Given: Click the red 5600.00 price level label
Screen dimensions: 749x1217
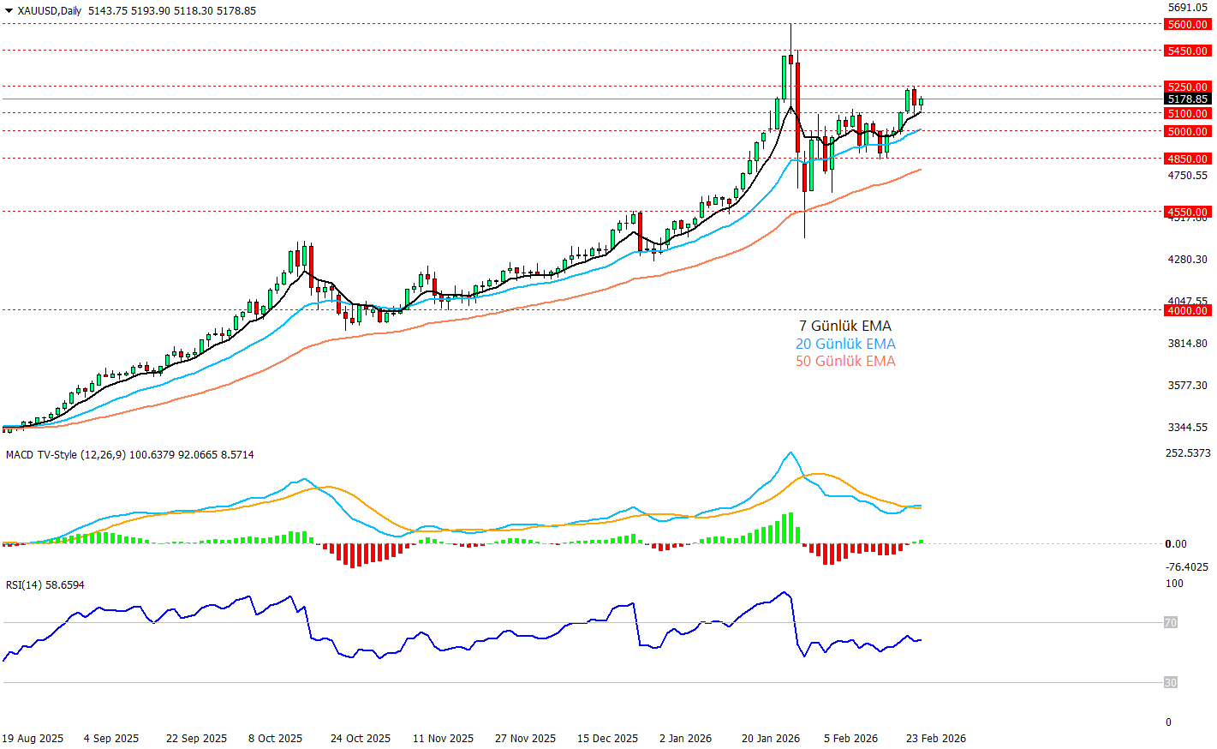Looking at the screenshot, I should coord(1187,25).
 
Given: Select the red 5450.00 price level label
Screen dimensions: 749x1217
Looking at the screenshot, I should coord(1187,51).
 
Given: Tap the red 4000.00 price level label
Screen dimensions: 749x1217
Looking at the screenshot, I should coord(1187,311).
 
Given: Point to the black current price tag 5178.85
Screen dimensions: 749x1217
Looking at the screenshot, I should coord(1187,99).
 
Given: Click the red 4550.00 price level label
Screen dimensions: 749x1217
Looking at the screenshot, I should coord(1187,213).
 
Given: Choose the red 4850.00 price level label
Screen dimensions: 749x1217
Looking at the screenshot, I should coord(1187,159).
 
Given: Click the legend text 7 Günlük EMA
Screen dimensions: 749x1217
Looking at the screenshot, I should coord(844,326).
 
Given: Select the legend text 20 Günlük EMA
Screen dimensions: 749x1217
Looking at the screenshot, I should coord(844,344).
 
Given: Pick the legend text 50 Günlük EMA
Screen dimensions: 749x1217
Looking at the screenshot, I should coord(844,361).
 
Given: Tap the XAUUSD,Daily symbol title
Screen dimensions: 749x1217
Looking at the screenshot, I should coord(49,11).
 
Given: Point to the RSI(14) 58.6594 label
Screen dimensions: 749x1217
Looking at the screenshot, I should coord(45,585).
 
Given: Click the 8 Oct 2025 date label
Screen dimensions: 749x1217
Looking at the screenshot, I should coord(275,739).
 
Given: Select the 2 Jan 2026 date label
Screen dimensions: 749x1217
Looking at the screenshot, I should coord(685,739).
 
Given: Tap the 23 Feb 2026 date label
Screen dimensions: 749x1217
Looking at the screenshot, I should coord(935,739).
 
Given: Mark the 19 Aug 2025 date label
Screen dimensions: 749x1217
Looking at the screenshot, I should coord(33,739).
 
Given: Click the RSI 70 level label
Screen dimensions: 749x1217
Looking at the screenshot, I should coord(1170,623).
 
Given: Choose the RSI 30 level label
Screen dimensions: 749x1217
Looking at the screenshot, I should coord(1170,683).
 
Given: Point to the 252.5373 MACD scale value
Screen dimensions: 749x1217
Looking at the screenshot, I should coord(1188,453).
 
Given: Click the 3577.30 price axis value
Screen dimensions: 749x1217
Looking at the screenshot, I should coord(1187,386).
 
